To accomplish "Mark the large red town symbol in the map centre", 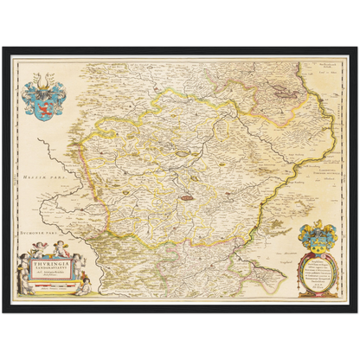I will [185, 198].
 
